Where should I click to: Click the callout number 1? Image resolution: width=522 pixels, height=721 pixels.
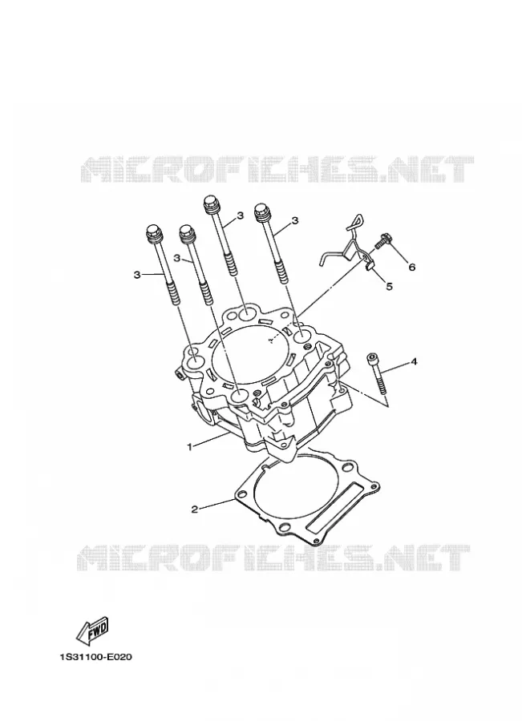tap(188, 446)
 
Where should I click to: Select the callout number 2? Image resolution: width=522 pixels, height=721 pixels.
tap(195, 509)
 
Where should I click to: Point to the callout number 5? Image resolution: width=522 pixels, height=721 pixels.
tap(389, 287)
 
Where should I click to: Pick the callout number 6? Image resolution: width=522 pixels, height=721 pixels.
tap(411, 267)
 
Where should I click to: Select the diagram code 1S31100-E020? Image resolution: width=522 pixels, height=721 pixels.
tap(95, 657)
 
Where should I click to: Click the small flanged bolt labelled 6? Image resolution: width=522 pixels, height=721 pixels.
tap(382, 241)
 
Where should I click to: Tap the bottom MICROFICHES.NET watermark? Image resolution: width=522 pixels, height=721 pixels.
tap(273, 558)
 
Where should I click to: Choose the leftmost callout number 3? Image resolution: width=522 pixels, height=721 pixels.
tap(136, 275)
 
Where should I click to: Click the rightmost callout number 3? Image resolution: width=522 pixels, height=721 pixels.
tap(295, 221)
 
